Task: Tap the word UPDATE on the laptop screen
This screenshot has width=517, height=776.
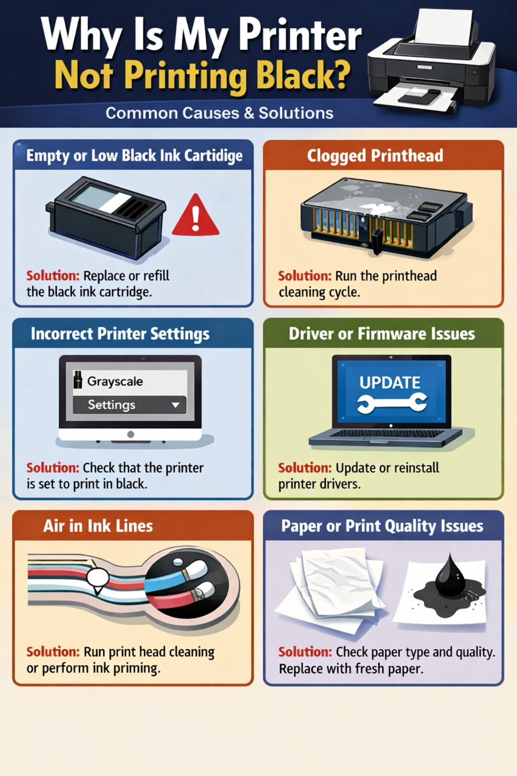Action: pos(390,382)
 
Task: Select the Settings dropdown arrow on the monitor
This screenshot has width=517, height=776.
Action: pos(176,405)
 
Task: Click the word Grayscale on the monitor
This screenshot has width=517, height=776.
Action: pos(115,381)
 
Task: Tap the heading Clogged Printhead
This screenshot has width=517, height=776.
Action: pos(375,156)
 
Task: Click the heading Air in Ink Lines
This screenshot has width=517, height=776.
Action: pos(98,526)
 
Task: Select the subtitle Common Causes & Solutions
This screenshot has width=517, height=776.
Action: pos(220,113)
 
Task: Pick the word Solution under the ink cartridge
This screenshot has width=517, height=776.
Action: pos(53,276)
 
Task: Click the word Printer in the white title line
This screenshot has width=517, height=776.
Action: pos(300,36)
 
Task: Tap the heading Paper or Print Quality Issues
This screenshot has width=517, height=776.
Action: pos(382,526)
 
